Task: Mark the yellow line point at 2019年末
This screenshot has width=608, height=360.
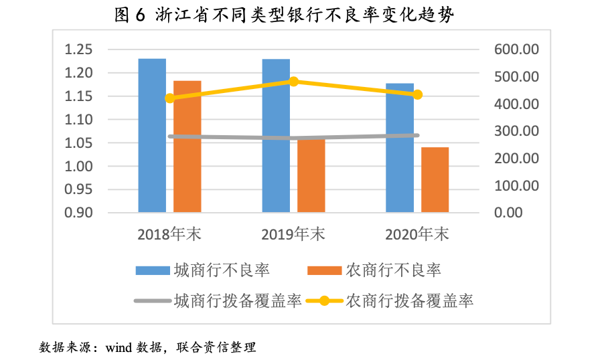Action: tap(293, 82)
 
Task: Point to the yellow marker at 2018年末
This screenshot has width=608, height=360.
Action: tap(169, 98)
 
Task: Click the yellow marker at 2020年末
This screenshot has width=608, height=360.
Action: tap(418, 94)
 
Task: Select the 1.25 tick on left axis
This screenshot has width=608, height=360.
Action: tap(78, 50)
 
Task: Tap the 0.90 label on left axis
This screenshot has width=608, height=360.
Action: tap(78, 213)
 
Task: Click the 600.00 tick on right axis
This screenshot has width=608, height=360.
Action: tap(516, 50)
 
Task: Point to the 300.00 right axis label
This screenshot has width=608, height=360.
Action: tap(516, 131)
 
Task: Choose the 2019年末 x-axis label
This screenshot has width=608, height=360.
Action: tap(293, 234)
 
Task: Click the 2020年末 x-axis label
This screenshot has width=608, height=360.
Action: tap(417, 234)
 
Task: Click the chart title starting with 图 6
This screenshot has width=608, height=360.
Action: tap(285, 16)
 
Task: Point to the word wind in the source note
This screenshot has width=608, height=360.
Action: tap(119, 347)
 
